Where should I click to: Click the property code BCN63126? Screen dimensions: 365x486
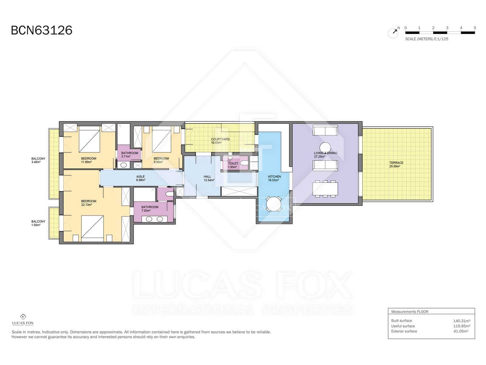pos(42,30)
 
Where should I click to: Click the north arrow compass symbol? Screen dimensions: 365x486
pos(393,33)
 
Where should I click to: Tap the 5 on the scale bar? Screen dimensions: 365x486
pos(475,28)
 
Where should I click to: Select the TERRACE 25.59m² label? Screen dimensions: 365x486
pos(396,165)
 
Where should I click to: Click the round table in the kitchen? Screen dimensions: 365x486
pos(274,204)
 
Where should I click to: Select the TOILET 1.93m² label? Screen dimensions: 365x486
pos(233,165)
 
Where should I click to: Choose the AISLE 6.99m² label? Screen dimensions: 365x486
pos(140,178)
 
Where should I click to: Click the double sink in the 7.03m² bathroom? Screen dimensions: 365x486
pos(154,219)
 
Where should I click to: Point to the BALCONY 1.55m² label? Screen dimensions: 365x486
pos(38,223)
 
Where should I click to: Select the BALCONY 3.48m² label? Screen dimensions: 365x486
pos(38,160)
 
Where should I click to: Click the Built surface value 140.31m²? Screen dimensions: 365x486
pos(461,321)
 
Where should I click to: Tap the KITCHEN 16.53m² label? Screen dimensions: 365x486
pos(274,178)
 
